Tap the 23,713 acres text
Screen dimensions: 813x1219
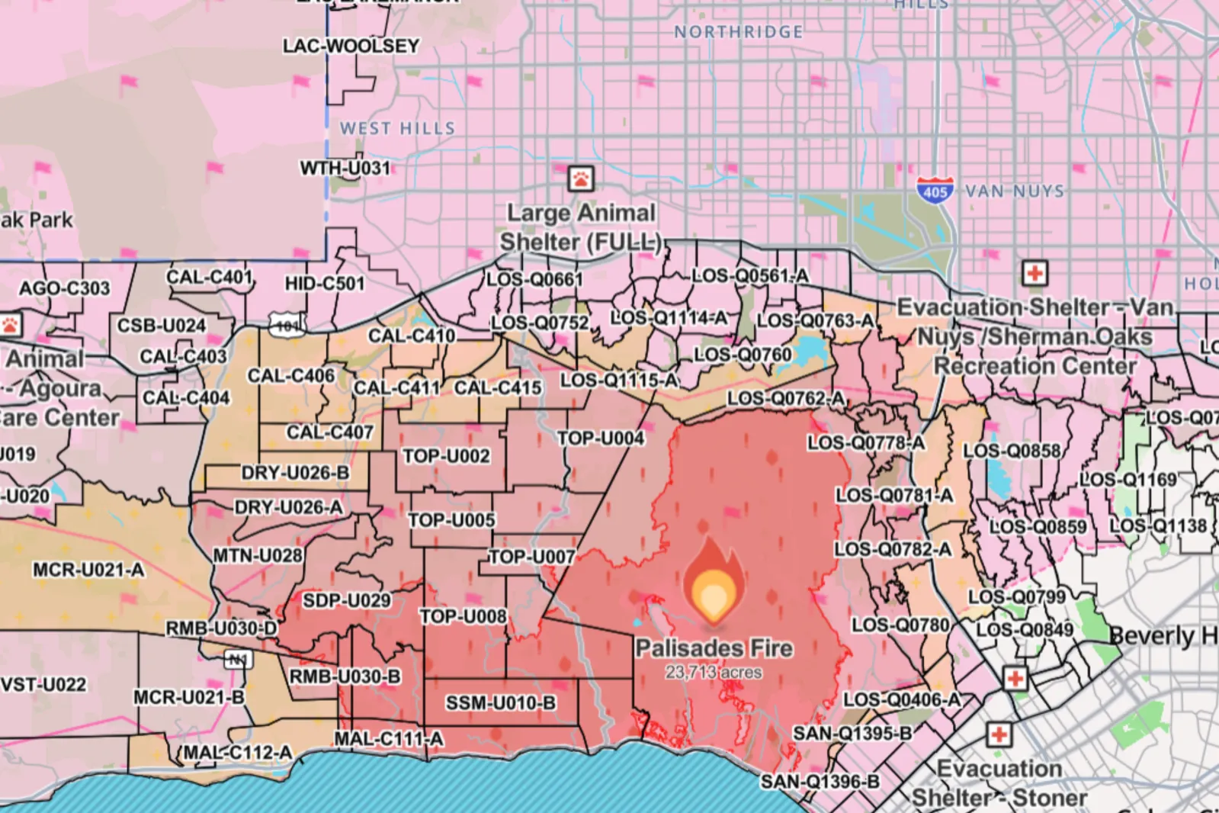tap(713, 673)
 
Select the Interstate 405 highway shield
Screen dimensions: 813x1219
tap(935, 188)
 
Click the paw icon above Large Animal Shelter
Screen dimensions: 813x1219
tap(581, 179)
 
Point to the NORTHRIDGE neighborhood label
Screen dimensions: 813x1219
tap(738, 32)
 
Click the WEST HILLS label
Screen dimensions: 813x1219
tap(397, 128)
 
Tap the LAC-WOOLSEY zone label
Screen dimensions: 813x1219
tap(351, 46)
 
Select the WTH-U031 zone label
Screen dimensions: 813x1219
tap(345, 168)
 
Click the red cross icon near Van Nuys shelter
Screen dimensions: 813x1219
tap(1034, 273)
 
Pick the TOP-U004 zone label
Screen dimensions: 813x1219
tap(600, 439)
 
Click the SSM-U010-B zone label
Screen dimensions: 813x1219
tap(500, 702)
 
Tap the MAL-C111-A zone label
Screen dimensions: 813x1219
tap(388, 739)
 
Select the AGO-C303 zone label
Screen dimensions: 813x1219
tap(64, 288)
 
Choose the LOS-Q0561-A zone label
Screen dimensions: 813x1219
tap(749, 275)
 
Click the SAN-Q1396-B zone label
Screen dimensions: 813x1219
tap(820, 782)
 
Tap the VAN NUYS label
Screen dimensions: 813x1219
tap(1014, 191)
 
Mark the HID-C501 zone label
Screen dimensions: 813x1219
tap(325, 284)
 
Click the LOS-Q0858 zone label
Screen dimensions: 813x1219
tap(1012, 451)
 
